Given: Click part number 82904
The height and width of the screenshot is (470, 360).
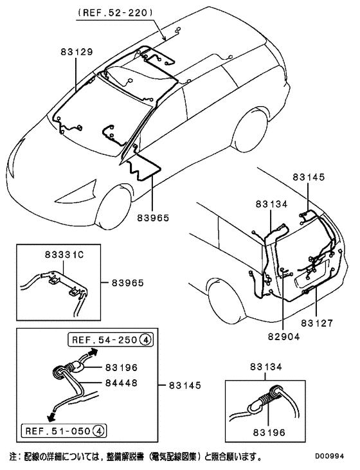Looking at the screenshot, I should tap(283, 336).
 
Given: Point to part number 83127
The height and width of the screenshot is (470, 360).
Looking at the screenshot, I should tap(319, 321).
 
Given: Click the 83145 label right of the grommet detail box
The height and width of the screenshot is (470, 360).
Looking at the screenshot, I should tap(184, 385).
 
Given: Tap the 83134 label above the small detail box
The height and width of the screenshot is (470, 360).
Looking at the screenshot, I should tap(266, 367).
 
